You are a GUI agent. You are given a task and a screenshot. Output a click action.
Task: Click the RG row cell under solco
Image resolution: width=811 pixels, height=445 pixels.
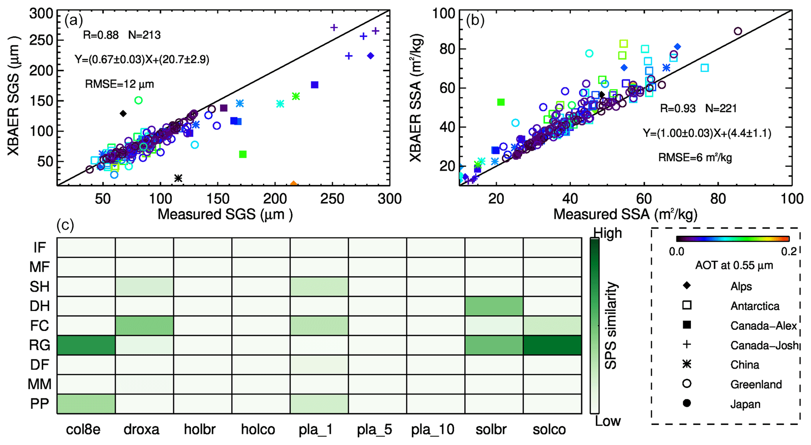click(552, 345)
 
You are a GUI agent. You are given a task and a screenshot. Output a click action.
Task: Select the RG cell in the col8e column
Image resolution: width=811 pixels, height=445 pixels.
click(86, 345)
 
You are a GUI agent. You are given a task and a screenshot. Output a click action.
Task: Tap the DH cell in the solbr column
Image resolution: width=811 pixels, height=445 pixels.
click(494, 306)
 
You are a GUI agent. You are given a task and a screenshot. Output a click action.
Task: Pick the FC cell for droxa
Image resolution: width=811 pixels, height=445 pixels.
click(144, 326)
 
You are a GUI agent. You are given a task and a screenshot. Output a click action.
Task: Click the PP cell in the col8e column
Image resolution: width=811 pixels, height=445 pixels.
click(86, 404)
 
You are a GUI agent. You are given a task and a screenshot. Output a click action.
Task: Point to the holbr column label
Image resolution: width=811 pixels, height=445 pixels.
click(200, 430)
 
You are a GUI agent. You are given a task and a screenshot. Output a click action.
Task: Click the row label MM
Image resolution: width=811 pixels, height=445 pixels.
click(40, 384)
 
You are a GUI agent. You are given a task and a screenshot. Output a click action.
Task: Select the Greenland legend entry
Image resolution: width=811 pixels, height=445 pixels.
click(756, 384)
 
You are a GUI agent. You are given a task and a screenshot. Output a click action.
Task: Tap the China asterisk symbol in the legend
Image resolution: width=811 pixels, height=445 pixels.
click(687, 364)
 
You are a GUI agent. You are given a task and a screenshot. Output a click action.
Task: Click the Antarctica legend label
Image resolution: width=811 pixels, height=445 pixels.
click(755, 306)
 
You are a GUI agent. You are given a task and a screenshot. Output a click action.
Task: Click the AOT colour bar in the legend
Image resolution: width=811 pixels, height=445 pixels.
click(733, 239)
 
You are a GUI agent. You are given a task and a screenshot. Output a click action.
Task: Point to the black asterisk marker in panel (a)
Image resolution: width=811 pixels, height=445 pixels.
click(178, 178)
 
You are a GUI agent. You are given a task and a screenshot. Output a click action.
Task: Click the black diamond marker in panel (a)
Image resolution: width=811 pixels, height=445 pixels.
click(123, 114)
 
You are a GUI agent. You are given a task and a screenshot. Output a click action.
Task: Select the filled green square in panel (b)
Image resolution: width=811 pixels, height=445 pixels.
click(501, 102)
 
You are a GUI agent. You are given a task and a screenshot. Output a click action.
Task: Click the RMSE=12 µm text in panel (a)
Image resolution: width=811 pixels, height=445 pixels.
click(119, 84)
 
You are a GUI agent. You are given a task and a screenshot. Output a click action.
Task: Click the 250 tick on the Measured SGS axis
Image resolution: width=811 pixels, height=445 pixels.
click(332, 199)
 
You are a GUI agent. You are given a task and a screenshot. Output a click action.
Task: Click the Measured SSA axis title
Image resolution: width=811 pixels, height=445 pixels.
click(625, 214)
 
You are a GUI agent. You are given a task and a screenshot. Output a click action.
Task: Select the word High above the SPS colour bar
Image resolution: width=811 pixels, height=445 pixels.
click(607, 233)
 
